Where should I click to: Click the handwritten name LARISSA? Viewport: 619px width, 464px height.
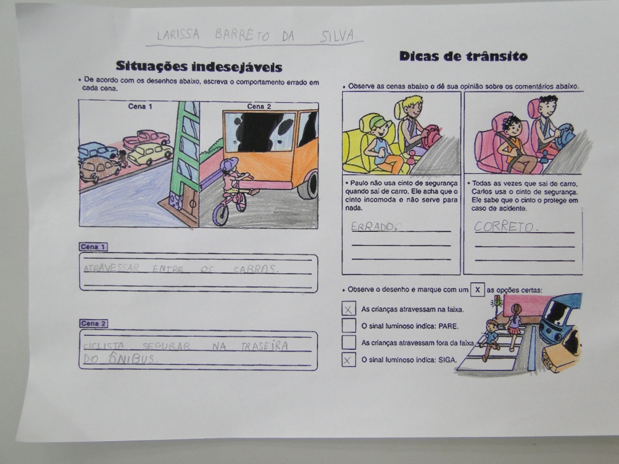click(178, 34)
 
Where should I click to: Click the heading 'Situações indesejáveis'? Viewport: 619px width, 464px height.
click(199, 66)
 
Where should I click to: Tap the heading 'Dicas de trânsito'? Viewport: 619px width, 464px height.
click(464, 56)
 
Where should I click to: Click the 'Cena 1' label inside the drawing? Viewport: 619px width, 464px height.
click(140, 106)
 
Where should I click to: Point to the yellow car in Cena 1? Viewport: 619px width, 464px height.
click(150, 153)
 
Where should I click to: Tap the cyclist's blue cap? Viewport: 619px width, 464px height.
click(229, 164)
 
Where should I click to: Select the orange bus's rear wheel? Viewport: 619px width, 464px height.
click(308, 185)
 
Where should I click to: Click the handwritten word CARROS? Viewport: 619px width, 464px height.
click(256, 269)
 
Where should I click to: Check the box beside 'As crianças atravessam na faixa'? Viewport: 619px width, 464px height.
click(349, 309)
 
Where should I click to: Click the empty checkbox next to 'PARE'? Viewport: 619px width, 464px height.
click(349, 326)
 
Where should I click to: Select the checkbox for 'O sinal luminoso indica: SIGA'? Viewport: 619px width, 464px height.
click(349, 360)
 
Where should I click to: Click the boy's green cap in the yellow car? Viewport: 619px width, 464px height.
click(380, 122)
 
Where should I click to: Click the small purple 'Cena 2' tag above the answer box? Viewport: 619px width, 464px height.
click(93, 324)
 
